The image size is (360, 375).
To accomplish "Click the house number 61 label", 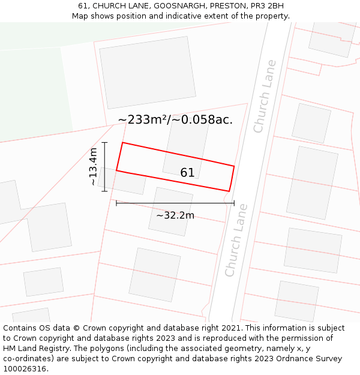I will coord(187,173).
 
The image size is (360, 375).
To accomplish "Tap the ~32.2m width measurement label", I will coord(175,215).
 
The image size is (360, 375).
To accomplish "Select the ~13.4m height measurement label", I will coord(93,167).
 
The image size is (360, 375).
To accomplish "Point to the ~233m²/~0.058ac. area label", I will coord(175,119).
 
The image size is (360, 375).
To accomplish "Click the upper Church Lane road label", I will coord(265,96).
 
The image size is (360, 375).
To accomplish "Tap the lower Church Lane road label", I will coord(236,240).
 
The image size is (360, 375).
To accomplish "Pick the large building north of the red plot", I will coord(148,72).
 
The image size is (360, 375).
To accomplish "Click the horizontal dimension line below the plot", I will coord(175,203).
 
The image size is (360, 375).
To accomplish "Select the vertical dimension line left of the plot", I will coord(104,167).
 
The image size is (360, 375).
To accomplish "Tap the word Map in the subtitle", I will coord(80,16).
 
